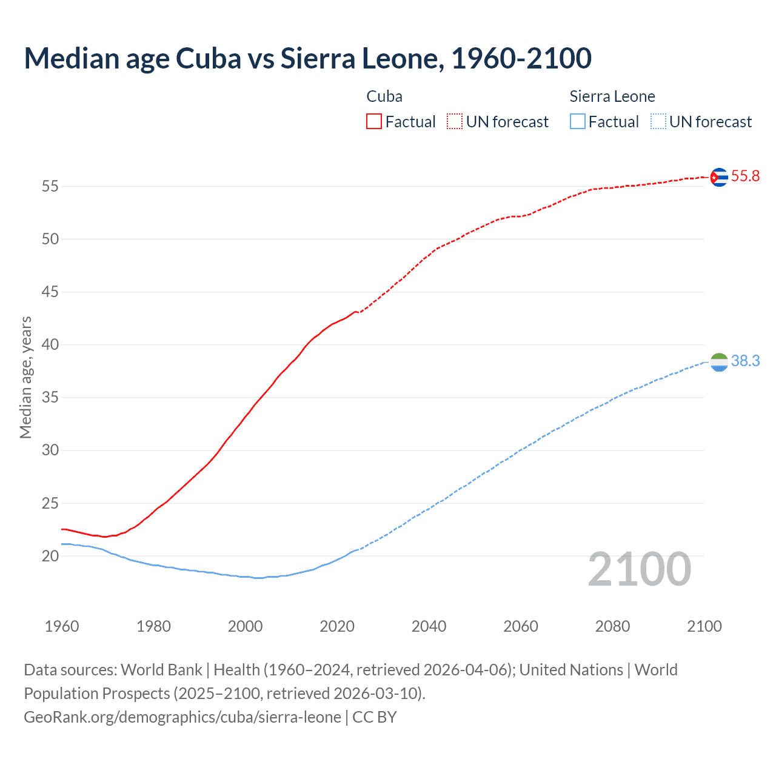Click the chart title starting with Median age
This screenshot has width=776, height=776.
[x=307, y=59]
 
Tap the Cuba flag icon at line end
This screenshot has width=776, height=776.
[x=718, y=177]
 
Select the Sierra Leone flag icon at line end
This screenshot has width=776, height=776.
[x=718, y=362]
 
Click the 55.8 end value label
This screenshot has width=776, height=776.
[x=745, y=176]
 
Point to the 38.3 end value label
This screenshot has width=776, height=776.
[x=745, y=361]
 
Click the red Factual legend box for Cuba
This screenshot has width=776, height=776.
[x=374, y=122]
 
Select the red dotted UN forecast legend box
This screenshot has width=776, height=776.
[x=455, y=122]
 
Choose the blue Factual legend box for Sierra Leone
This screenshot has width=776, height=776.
[x=577, y=122]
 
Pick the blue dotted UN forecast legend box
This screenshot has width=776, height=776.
[x=658, y=122]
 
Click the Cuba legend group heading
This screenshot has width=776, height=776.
[x=384, y=96]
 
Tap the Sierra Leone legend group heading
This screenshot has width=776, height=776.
[x=612, y=96]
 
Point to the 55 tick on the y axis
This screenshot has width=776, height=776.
[x=50, y=186]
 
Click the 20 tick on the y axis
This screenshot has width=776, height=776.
[x=50, y=556]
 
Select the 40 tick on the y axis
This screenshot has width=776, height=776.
[x=50, y=345]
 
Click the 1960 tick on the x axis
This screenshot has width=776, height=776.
[x=62, y=626]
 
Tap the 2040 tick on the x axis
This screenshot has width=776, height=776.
[x=429, y=626]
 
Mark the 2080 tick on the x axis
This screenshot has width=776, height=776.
[x=612, y=626]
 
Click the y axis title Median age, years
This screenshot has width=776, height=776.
[x=25, y=377]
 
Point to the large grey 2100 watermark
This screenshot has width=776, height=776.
[x=639, y=569]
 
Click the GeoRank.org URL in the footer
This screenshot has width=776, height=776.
[x=182, y=717]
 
